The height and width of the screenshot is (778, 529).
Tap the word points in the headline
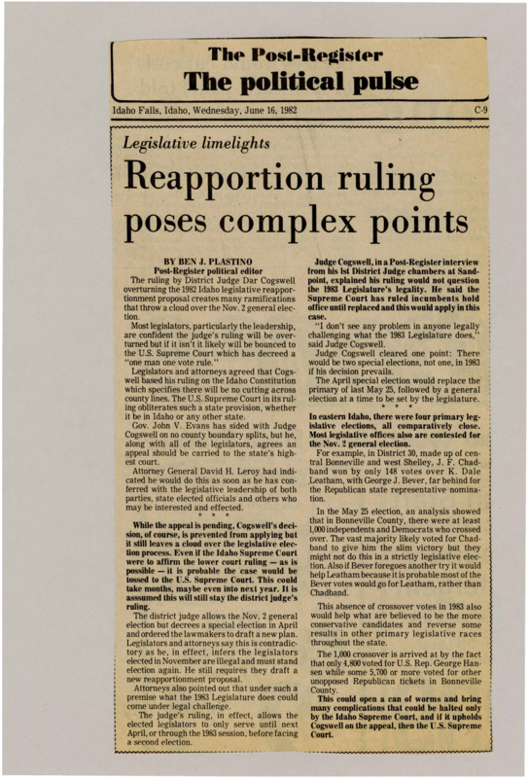click(425, 230)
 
